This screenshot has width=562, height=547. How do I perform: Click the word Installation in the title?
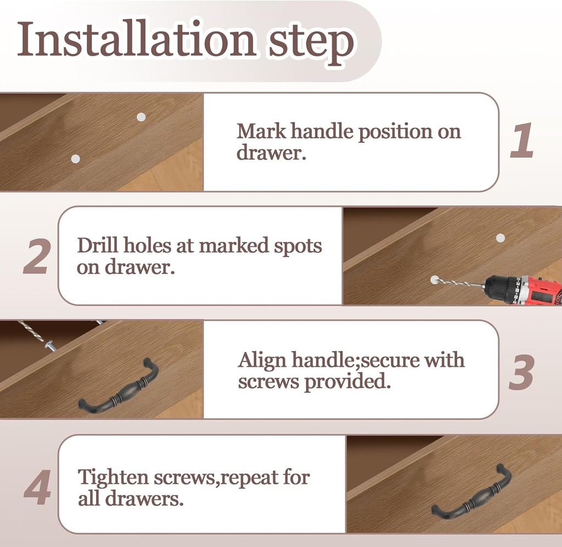[136, 39]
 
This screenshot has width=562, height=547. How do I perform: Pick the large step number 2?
[36, 256]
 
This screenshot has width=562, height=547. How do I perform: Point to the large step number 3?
[521, 372]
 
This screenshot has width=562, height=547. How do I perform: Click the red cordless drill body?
[523, 291]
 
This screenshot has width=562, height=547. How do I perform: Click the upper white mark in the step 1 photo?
[141, 117]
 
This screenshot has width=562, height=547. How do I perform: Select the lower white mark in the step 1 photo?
[75, 159]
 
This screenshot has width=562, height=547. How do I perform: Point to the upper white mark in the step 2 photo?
[501, 237]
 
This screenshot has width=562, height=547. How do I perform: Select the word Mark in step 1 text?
[261, 131]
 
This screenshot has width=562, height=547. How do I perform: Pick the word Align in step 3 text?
[262, 360]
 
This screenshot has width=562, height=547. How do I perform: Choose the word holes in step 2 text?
[147, 245]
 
